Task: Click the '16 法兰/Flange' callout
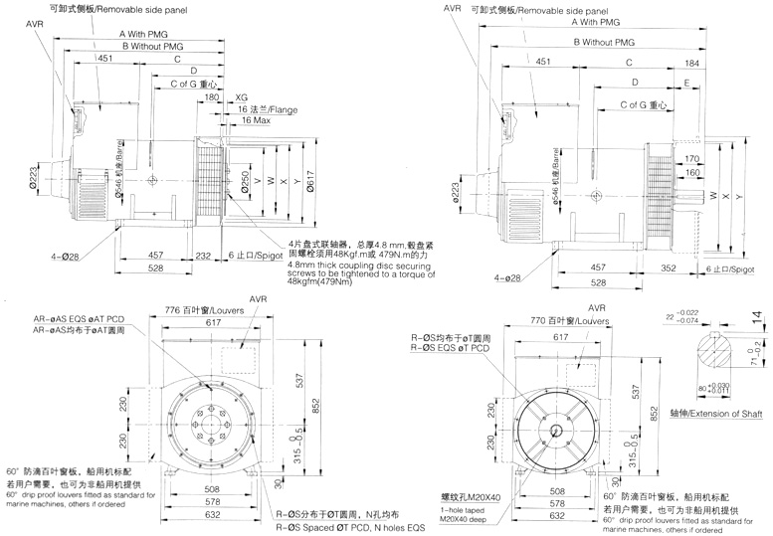(268, 108)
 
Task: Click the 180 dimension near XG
(211, 97)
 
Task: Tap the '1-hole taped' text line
(436, 506)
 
